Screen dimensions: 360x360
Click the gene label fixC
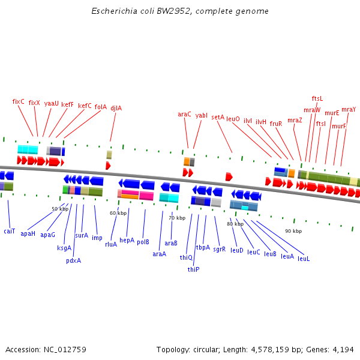pos(19,102)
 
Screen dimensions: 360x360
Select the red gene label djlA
pos(116,109)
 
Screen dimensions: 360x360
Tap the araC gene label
pos(184,114)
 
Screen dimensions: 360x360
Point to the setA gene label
pos(218,118)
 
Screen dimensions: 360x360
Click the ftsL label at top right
pos(317,98)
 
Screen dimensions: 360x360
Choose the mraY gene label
pos(349,109)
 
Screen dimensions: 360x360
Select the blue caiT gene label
pos(10,231)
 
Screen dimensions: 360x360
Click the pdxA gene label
pos(73,260)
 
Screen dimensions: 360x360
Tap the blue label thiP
pos(193,269)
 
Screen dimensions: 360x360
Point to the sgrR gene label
pos(220,248)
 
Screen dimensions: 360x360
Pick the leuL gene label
pos(304,259)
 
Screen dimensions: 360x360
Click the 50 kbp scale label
pos(60,209)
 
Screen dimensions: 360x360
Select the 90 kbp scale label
pos(293,231)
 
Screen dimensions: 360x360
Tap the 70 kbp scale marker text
pos(177,218)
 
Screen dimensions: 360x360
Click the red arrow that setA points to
pos(229,176)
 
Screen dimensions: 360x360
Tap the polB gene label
pos(143,242)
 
